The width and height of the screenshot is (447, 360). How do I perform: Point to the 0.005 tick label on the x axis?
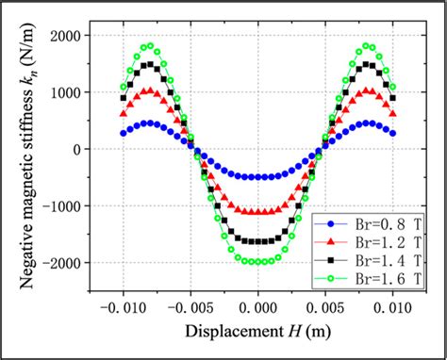[x=324, y=308]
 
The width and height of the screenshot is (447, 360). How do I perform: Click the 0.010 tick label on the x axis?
[x=391, y=308]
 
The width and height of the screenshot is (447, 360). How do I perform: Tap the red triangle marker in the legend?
[x=330, y=242]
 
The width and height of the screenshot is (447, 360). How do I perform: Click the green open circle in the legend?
[x=330, y=278]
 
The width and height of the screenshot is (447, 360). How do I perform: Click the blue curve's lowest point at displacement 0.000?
[x=257, y=177]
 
